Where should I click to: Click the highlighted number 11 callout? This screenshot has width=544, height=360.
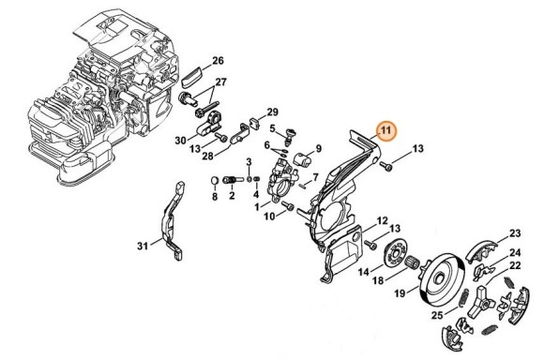point(385,130)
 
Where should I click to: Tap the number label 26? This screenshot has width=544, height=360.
point(218,61)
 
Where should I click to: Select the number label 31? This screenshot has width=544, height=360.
point(143,246)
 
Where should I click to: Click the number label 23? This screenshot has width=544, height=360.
point(515,232)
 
